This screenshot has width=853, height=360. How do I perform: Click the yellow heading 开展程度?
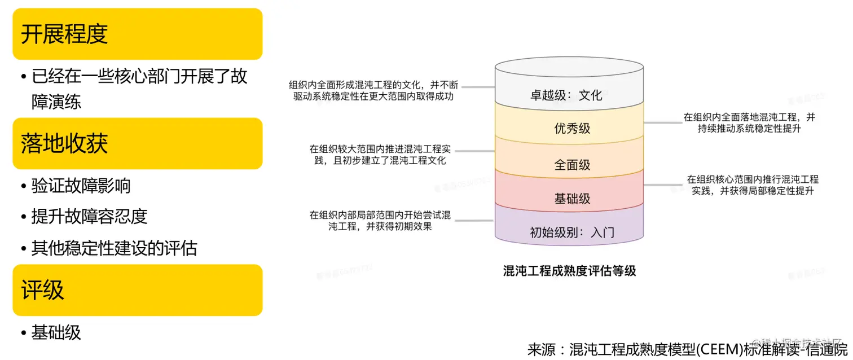(64, 34)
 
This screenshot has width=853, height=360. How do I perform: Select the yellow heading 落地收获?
(64, 144)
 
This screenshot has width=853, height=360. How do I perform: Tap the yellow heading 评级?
(43, 290)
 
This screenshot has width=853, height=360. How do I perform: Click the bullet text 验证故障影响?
(81, 185)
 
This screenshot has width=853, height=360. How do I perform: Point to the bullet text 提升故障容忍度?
(89, 216)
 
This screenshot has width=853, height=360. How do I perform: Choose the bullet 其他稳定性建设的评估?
(114, 248)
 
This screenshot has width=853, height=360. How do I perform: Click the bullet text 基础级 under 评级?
(56, 332)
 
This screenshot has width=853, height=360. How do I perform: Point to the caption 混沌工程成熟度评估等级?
(569, 271)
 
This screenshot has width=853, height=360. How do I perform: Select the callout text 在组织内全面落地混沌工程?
(749, 122)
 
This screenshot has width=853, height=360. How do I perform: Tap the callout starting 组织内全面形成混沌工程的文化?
(373, 90)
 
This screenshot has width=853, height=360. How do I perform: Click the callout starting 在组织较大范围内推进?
(380, 155)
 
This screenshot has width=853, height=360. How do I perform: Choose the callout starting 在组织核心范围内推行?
(753, 185)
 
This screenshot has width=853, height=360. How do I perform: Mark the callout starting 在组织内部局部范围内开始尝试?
(380, 221)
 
